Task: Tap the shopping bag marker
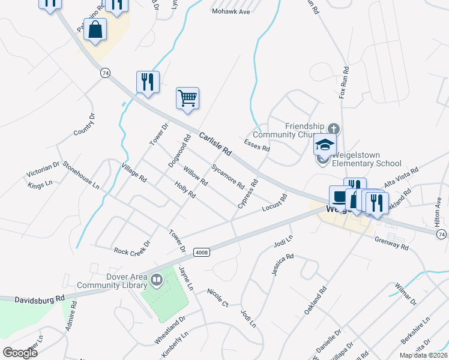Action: click(95, 29)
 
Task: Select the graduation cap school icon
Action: click(325, 145)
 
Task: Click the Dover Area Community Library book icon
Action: click(157, 280)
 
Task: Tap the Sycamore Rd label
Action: click(228, 175)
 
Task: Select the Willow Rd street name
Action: click(195, 176)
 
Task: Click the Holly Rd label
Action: click(185, 190)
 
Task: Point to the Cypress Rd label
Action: click(247, 194)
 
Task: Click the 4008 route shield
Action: click(202, 253)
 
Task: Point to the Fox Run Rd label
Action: click(344, 83)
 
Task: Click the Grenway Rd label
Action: click(391, 244)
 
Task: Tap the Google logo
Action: click(20, 353)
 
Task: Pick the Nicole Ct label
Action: click(217, 298)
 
